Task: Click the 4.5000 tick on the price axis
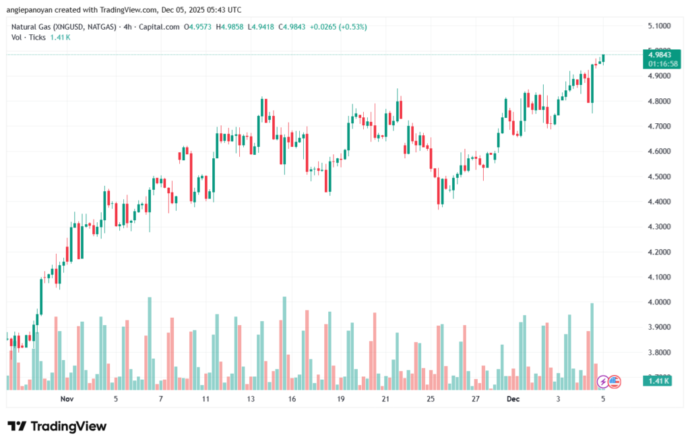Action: pos(658,176)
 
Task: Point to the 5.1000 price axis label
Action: pos(658,26)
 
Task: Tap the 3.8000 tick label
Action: pos(658,352)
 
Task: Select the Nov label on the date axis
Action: pos(66,399)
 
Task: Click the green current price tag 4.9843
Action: pos(658,55)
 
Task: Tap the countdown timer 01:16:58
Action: pos(660,63)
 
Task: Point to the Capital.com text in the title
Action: pos(162,27)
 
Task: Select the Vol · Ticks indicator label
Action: pos(28,37)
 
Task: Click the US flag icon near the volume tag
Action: pos(614,382)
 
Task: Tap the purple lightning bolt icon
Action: pos(603,382)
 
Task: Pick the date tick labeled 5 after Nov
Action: pos(116,399)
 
